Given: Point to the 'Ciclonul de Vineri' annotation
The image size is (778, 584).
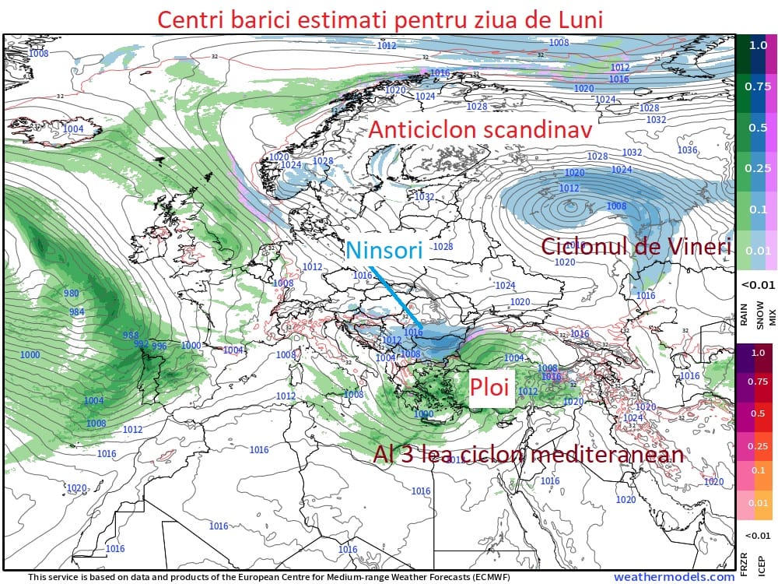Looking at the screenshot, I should pyautogui.click(x=636, y=247).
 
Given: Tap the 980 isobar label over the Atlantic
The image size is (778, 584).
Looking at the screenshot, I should pyautogui.click(x=72, y=294).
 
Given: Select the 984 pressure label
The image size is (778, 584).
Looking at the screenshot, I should pyautogui.click(x=76, y=311).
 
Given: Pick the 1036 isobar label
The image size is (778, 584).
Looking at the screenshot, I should pyautogui.click(x=687, y=150).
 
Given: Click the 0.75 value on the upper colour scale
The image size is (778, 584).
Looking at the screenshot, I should pyautogui.click(x=757, y=86).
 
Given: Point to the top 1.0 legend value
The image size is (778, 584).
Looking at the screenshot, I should pyautogui.click(x=758, y=45).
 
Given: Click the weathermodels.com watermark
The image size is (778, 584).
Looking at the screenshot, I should pyautogui.click(x=674, y=577).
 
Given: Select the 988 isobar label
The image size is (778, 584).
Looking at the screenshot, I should pyautogui.click(x=131, y=336).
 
